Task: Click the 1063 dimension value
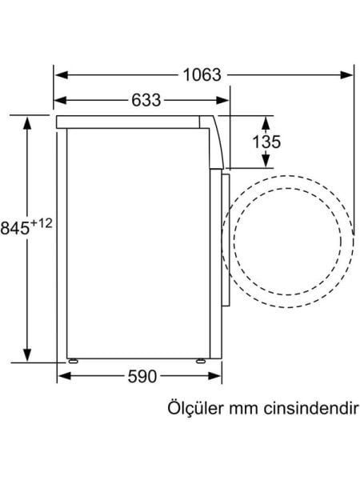(201, 75)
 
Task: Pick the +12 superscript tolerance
(42, 223)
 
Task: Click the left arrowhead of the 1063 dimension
(60, 76)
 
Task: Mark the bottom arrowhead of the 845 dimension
(28, 356)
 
